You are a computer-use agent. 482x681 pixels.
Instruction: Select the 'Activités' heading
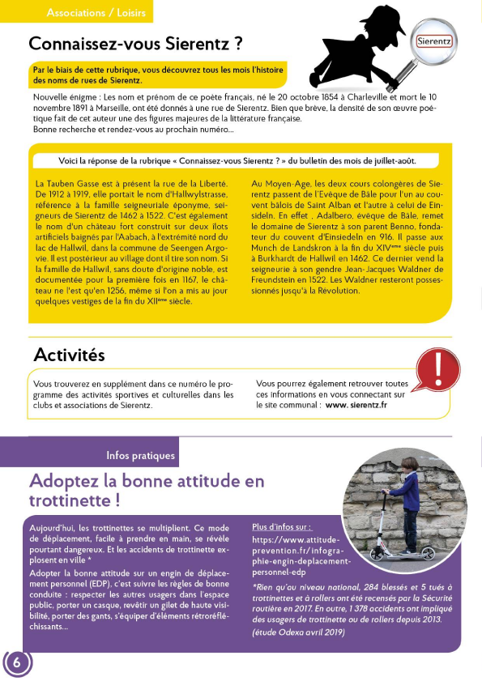tap(69, 354)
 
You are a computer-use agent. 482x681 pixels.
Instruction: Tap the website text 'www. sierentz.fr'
tap(356, 406)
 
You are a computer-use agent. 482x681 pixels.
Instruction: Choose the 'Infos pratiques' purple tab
tap(140, 455)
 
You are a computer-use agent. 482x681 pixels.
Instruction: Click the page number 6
tap(17, 662)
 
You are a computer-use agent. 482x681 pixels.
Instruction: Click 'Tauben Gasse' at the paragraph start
tap(72, 185)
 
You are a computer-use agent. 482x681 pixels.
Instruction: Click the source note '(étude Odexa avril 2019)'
tap(300, 632)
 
